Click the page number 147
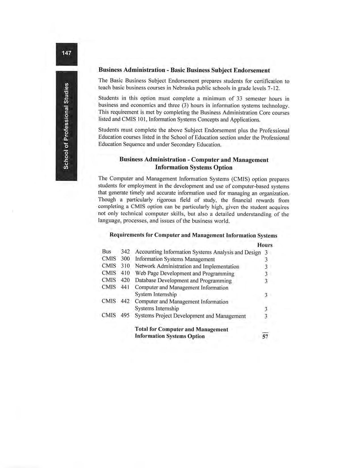click(67, 53)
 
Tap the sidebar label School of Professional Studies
click(66, 126)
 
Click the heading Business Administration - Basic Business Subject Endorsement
click(184, 70)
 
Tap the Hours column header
click(265, 245)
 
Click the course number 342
click(125, 252)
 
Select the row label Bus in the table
click(106, 252)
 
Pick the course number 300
click(125, 259)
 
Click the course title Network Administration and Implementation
click(187, 266)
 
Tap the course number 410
click(125, 273)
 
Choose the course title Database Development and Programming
click(183, 281)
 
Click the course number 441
click(125, 287)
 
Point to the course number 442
click(125, 301)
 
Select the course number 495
click(125, 315)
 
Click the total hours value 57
click(265, 337)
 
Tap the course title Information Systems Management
click(175, 259)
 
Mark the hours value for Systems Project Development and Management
click(266, 316)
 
